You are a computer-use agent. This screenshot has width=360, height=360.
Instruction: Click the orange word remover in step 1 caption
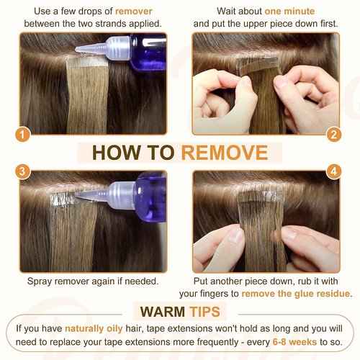click(x=134, y=12)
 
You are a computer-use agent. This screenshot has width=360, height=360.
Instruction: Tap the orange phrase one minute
click(x=289, y=12)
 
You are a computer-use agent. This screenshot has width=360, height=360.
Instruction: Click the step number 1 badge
click(x=22, y=135)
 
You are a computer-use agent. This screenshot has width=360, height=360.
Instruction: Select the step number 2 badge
click(x=334, y=135)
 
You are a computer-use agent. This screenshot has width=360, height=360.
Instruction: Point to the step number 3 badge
click(x=22, y=171)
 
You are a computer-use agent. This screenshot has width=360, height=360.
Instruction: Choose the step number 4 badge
click(x=334, y=171)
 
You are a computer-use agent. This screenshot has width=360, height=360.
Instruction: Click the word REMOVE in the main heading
click(x=225, y=153)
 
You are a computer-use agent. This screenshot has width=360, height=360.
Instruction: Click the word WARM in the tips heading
click(x=163, y=312)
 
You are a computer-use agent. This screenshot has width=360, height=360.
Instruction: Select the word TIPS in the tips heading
click(x=204, y=312)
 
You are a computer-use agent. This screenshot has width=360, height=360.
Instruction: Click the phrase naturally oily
click(x=94, y=328)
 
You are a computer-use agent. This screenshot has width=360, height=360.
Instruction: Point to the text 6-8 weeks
click(x=294, y=342)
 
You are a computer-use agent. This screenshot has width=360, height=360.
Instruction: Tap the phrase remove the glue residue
click(x=296, y=294)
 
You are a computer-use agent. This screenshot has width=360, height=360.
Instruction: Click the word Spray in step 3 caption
click(x=40, y=282)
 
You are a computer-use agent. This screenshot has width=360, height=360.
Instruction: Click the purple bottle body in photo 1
click(x=148, y=53)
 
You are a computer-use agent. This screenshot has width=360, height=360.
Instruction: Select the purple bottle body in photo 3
click(x=150, y=197)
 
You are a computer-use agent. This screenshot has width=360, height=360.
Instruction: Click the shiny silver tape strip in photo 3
click(x=63, y=199)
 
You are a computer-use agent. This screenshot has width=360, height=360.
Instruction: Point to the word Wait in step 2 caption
click(x=228, y=12)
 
